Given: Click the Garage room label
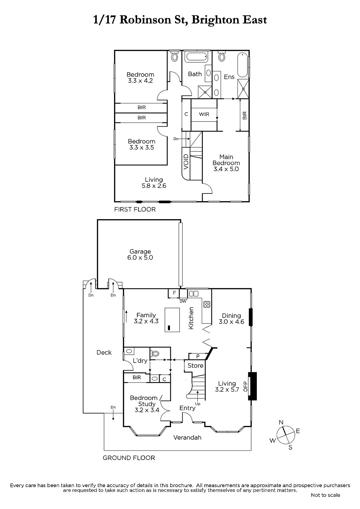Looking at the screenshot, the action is click(140, 251).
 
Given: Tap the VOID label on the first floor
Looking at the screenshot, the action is click(186, 162).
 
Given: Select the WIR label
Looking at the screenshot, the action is click(204, 114).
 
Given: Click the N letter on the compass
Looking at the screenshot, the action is click(281, 422).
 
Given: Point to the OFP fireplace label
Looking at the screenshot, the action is click(245, 386).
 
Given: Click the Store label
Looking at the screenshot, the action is click(195, 366).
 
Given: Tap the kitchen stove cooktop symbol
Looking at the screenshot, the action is click(207, 304).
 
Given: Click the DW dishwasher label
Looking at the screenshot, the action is click(183, 302).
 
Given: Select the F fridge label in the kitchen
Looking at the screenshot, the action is click(174, 293).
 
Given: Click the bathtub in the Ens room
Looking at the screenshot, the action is click(243, 65).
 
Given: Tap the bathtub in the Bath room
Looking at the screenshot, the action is click(196, 57).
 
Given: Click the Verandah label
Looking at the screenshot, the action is click(187, 437).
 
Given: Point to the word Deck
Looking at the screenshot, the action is click(104, 352).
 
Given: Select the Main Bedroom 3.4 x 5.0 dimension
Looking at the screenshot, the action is click(226, 169).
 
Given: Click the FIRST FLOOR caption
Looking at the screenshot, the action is click(135, 209).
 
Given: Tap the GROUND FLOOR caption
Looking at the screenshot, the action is click(129, 458).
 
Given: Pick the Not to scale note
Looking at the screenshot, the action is click(325, 495).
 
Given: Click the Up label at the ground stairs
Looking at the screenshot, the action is click(198, 404).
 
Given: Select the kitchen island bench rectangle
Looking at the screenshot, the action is click(172, 320).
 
